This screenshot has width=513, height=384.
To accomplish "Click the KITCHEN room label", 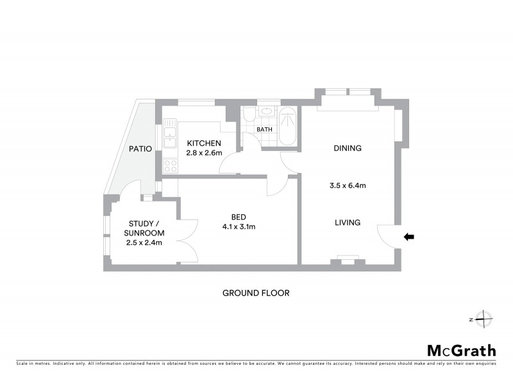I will pyautogui.click(x=204, y=143).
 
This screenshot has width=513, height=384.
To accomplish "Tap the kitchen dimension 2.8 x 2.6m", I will pyautogui.click(x=204, y=153).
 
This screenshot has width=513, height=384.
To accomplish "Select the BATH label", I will pyautogui.click(x=264, y=130).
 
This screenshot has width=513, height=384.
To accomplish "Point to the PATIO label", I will pyautogui.click(x=140, y=149).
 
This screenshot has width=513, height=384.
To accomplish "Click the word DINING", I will pyautogui.click(x=348, y=148).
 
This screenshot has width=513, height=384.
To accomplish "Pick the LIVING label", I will pyautogui.click(x=347, y=223).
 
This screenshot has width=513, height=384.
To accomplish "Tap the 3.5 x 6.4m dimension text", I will pyautogui.click(x=347, y=186).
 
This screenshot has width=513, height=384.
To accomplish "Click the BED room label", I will pyautogui.click(x=239, y=216).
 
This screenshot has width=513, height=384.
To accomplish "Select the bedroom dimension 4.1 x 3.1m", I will pyautogui.click(x=239, y=227).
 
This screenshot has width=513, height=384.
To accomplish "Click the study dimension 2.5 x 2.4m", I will pyautogui.click(x=144, y=243).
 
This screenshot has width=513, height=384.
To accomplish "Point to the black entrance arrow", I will pyautogui.click(x=409, y=237).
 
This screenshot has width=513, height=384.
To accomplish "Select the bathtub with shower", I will pyautogui.click(x=288, y=125).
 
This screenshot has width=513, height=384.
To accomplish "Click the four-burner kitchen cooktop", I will pyautogui.click(x=171, y=166).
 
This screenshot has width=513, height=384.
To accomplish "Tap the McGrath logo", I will pyautogui.click(x=462, y=350).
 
